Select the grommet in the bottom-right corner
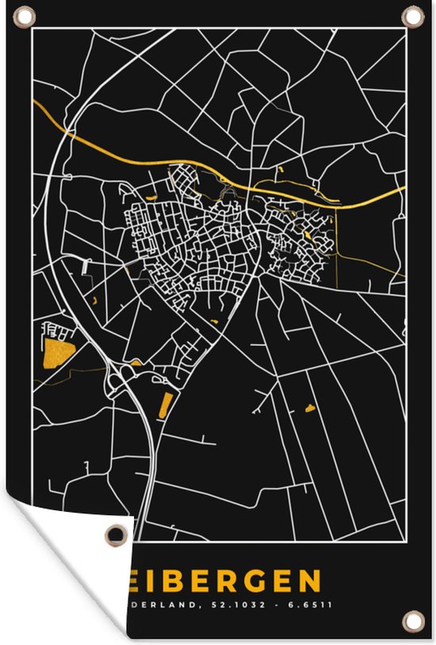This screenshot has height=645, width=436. pyautogui.click(x=411, y=619)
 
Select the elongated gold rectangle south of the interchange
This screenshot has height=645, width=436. pyautogui.click(x=165, y=405)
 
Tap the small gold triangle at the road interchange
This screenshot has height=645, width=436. pyautogui.click(x=136, y=363)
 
